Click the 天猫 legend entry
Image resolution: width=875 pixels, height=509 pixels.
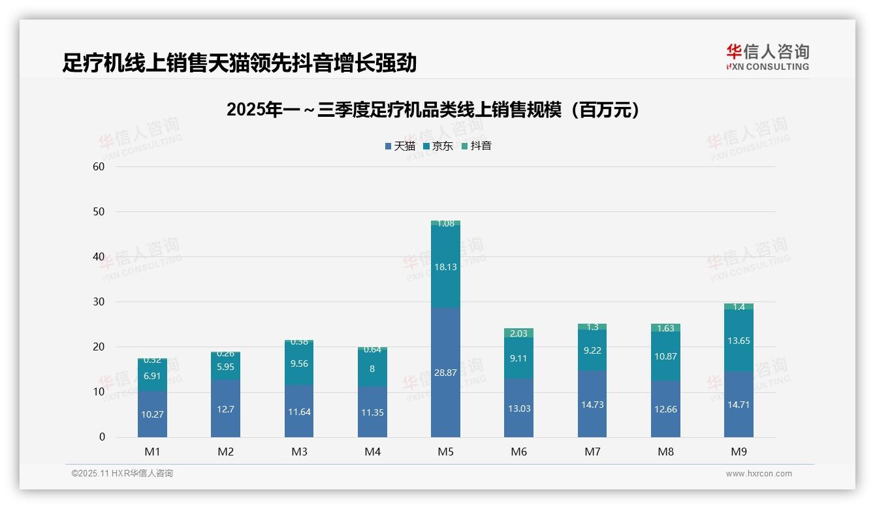point(400,146)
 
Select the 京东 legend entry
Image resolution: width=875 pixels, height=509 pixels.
point(438,146)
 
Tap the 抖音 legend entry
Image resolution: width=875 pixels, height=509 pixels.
point(477,146)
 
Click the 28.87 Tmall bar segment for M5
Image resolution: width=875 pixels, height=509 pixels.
point(445,372)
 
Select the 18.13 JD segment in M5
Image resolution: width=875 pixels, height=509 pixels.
point(445,266)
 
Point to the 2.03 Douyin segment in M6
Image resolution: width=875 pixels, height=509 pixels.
point(518,333)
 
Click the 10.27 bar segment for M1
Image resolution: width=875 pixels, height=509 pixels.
point(152,414)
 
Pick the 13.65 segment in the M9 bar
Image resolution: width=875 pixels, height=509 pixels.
point(739,341)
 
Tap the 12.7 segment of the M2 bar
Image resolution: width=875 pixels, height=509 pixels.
point(225,409)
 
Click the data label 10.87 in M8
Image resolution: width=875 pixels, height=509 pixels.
point(665,356)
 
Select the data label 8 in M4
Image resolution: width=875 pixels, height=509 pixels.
point(372,369)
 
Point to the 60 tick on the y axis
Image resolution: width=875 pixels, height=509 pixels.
point(99,166)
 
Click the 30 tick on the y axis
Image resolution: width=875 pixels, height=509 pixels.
point(99,301)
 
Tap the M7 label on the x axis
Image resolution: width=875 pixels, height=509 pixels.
point(592,452)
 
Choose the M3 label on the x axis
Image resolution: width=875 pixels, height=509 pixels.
point(299,452)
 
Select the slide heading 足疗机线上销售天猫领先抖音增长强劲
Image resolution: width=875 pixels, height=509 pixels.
point(239,63)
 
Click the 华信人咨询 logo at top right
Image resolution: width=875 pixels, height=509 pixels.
point(767,57)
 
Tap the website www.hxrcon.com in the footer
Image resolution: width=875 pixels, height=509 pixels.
point(759,474)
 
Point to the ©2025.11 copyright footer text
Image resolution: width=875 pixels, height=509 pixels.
point(122,474)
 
